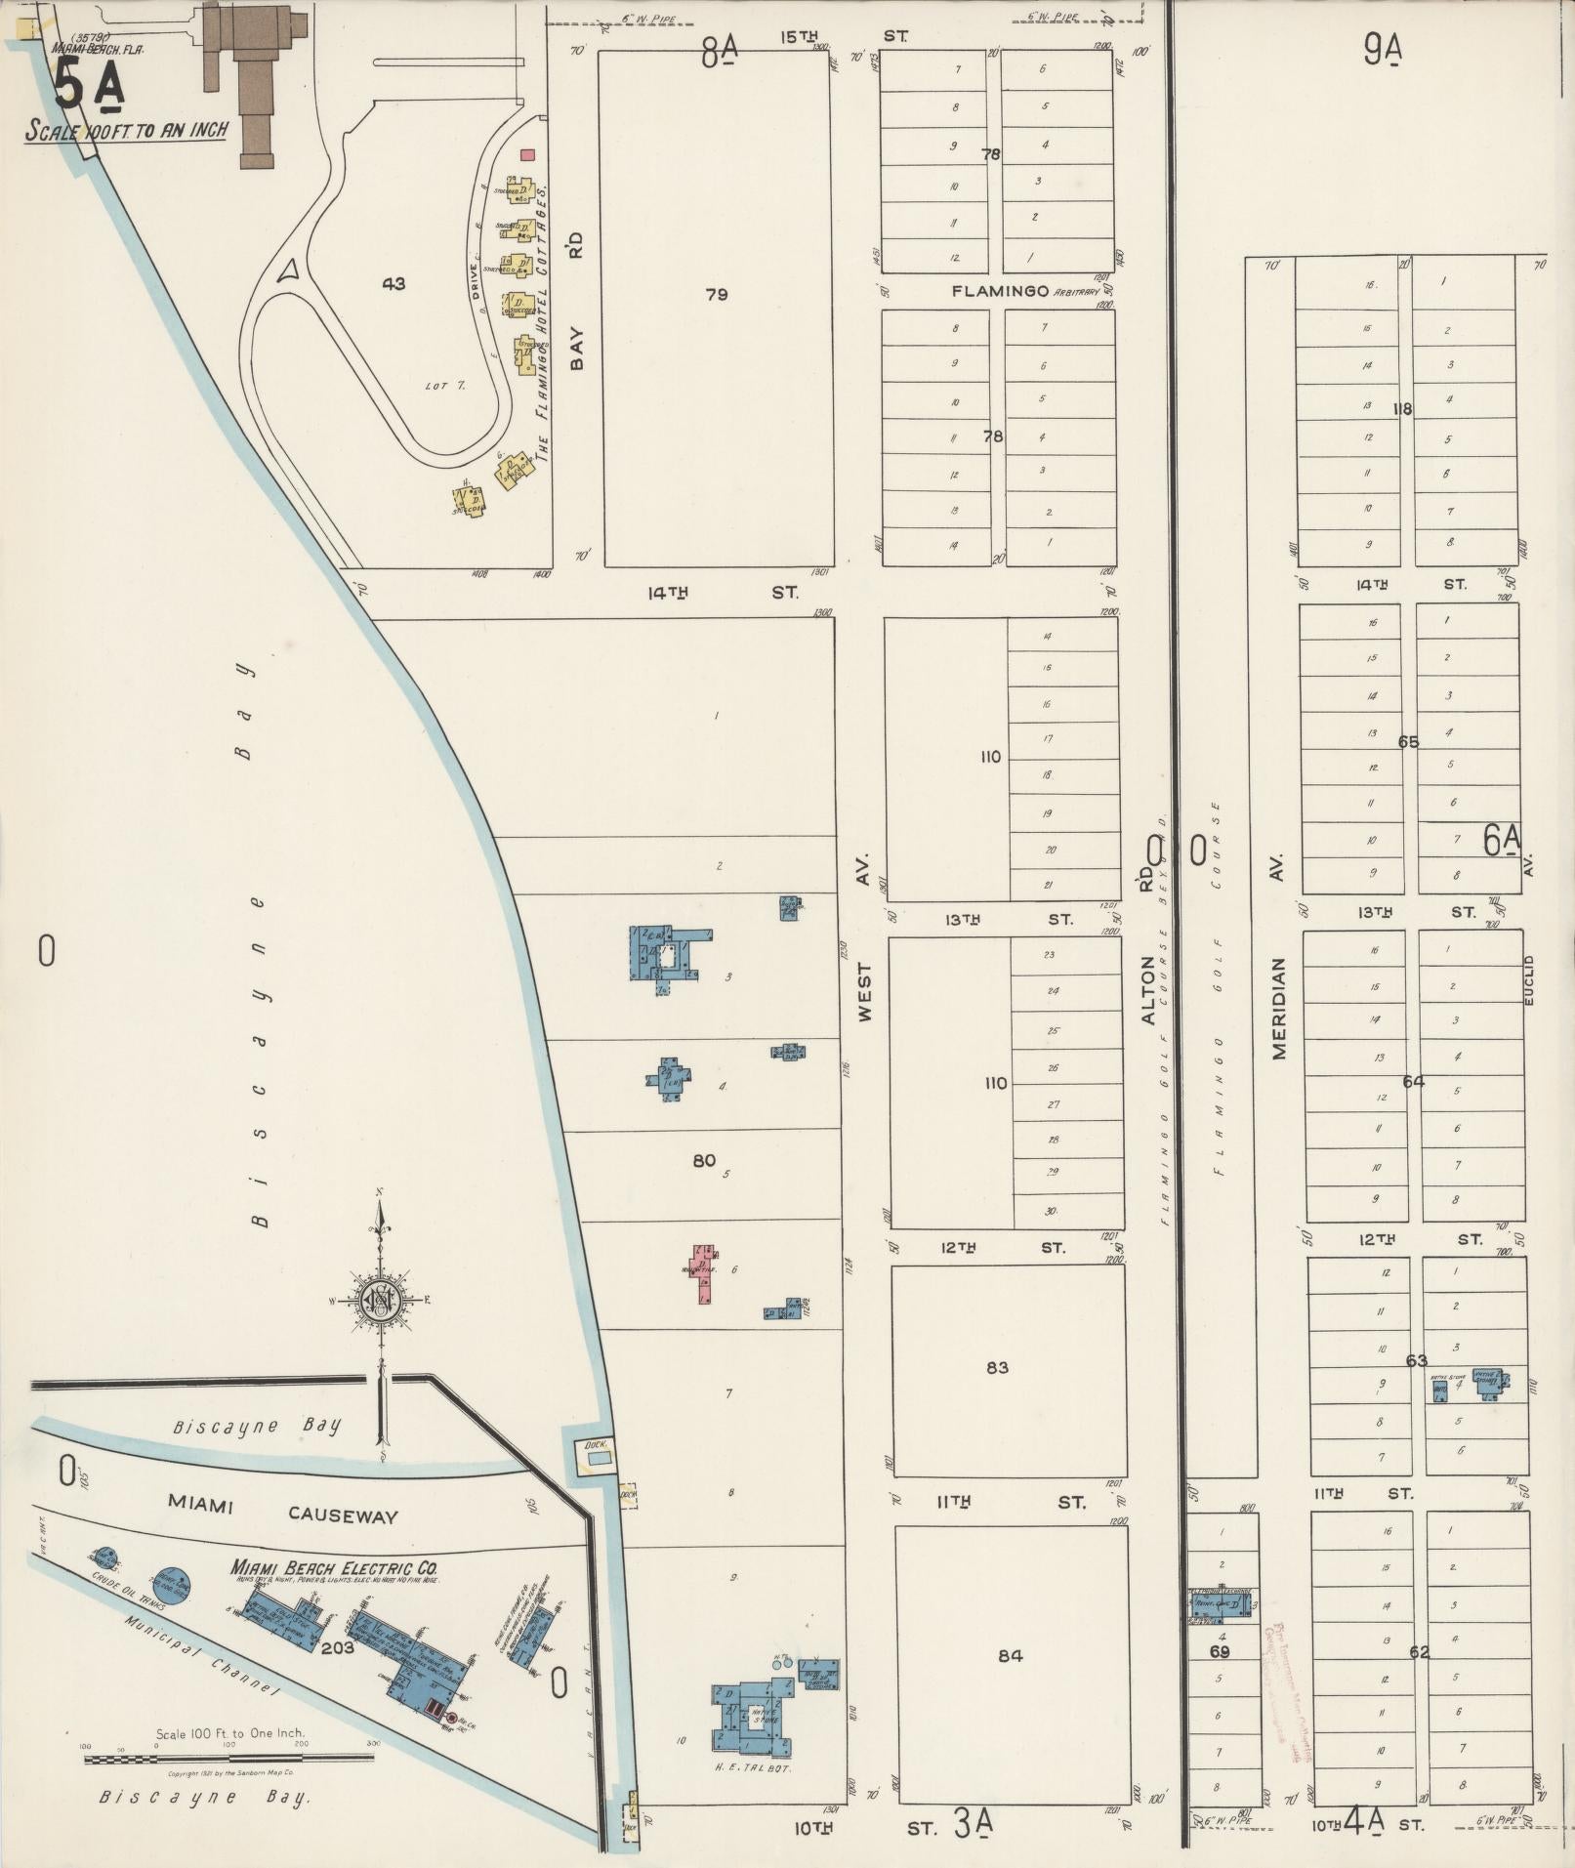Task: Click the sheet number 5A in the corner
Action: pos(88,86)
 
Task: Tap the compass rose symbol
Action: pos(379,1301)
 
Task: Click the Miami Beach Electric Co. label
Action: pos(334,1567)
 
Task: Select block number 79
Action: pos(716,294)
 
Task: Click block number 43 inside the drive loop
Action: pos(394,284)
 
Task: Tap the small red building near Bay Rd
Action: pos(528,154)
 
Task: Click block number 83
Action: pos(996,1367)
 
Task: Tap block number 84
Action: pos(1011,1655)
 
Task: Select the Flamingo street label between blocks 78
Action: pos(1001,291)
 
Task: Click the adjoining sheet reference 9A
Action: pos(1383,49)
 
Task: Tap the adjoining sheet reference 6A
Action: pos(1502,840)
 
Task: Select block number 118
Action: pos(1402,409)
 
